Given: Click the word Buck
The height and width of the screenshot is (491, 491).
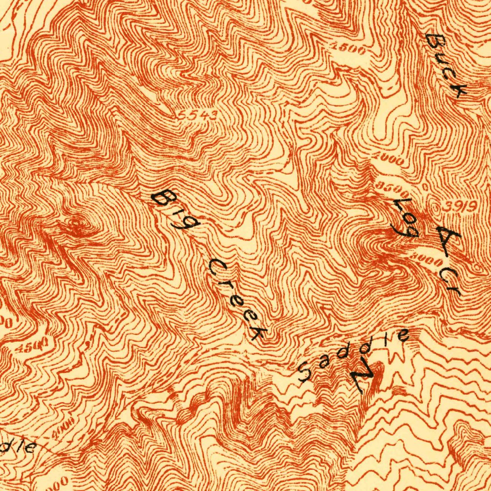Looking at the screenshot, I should [446, 65].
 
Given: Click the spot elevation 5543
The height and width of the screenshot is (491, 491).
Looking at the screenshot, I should [197, 115].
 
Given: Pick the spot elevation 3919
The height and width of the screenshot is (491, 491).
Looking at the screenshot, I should [458, 207].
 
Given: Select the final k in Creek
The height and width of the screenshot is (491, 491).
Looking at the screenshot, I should [258, 332].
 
